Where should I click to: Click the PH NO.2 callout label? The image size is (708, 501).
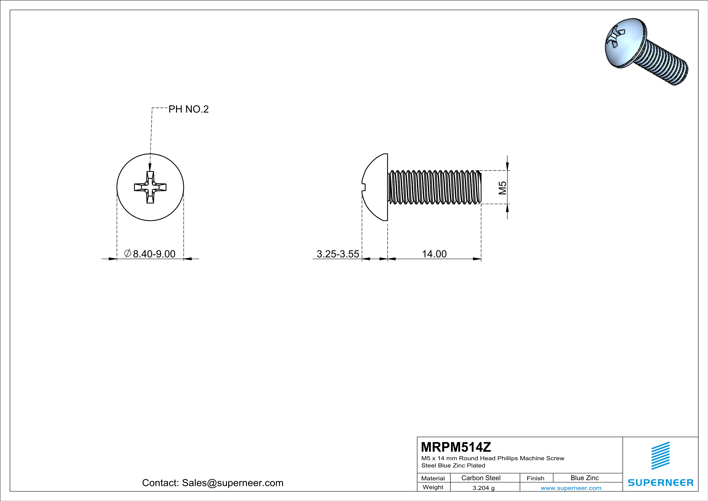[x=188, y=109]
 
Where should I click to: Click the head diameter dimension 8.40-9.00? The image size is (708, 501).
[x=154, y=254]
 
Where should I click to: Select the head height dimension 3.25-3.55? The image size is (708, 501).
[x=338, y=254]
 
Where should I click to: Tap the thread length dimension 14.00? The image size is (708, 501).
[x=434, y=254]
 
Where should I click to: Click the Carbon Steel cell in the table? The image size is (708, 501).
[x=481, y=478]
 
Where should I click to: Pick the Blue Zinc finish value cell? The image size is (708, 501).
[x=584, y=478]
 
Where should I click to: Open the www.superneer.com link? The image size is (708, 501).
[x=571, y=488]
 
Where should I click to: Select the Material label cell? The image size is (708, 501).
[x=433, y=478]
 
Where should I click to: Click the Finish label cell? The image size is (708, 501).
[x=535, y=478]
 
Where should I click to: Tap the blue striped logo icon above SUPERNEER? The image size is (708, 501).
[x=661, y=456]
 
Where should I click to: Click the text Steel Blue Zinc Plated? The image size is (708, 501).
[x=453, y=465]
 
